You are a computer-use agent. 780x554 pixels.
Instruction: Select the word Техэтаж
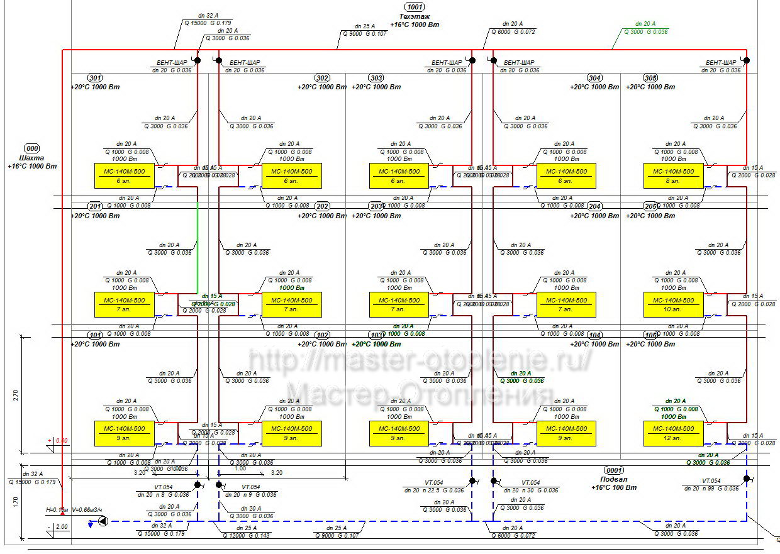click(414, 16)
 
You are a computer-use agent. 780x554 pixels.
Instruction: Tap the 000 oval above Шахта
click(31, 148)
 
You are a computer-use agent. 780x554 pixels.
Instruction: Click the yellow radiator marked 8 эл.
click(673, 175)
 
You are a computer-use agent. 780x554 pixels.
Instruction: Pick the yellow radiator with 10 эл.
click(673, 304)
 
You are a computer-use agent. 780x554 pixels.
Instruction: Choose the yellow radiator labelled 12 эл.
click(673, 433)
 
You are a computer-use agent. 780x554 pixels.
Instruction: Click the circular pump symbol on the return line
click(103, 521)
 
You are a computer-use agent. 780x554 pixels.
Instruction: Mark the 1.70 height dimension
click(16, 501)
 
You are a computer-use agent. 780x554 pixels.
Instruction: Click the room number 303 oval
click(376, 78)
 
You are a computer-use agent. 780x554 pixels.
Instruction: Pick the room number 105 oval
click(651, 335)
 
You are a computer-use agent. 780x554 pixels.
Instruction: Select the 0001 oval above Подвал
click(613, 470)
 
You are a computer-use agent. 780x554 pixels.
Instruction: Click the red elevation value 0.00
click(61, 441)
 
